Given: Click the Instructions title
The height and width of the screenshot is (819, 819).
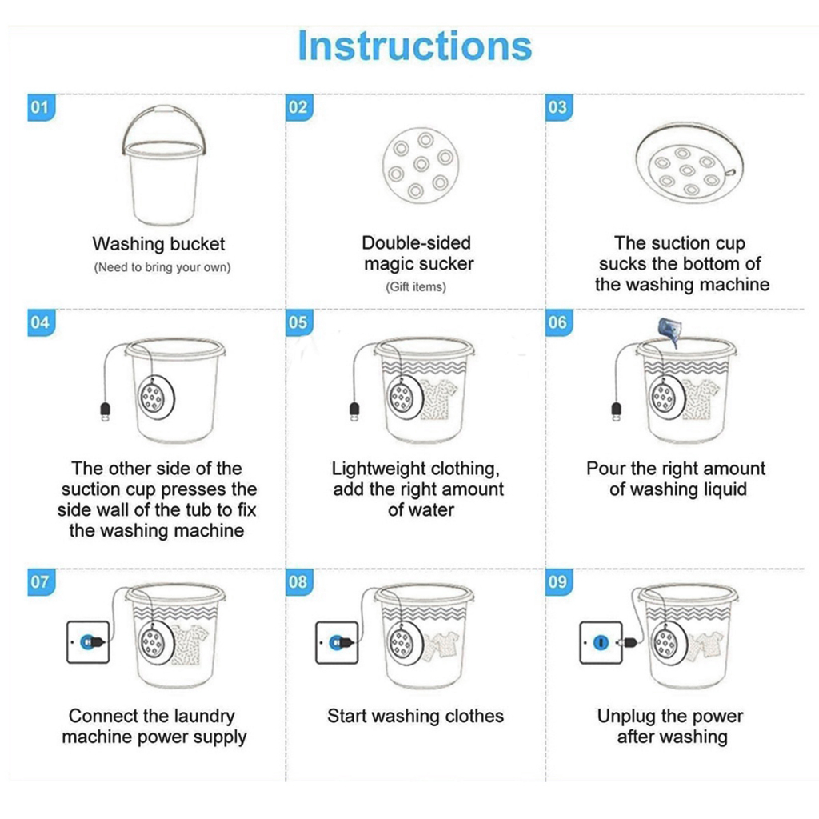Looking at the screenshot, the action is coord(415,46).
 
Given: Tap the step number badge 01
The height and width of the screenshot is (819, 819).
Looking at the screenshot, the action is coord(41,108).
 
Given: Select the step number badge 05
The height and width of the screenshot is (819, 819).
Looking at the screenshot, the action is coord(299,322).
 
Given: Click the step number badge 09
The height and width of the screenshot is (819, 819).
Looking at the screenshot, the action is coord(558,582).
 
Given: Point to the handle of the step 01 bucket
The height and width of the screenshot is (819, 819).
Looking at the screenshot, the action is coord(164,110).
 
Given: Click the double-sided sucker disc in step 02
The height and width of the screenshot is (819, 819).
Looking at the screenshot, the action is coord(421,165).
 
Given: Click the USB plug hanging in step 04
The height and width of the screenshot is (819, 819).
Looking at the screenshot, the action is coord(105,412).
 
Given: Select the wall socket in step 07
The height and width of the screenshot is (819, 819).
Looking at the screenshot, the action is coord(88,642).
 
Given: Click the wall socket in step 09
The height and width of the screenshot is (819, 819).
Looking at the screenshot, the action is coord(601,642).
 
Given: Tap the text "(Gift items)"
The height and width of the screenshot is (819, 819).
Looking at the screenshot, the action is coord(416,287).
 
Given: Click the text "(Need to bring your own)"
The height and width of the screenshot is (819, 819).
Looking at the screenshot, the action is coord(162,267).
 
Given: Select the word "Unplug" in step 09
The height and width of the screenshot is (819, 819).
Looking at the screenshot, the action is coord(625,717).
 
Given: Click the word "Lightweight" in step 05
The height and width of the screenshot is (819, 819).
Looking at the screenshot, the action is coord(382,469).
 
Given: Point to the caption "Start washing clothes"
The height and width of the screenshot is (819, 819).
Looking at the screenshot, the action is coord(416,716).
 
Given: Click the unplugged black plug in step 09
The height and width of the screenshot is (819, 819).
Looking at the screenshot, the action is coord(629,641).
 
